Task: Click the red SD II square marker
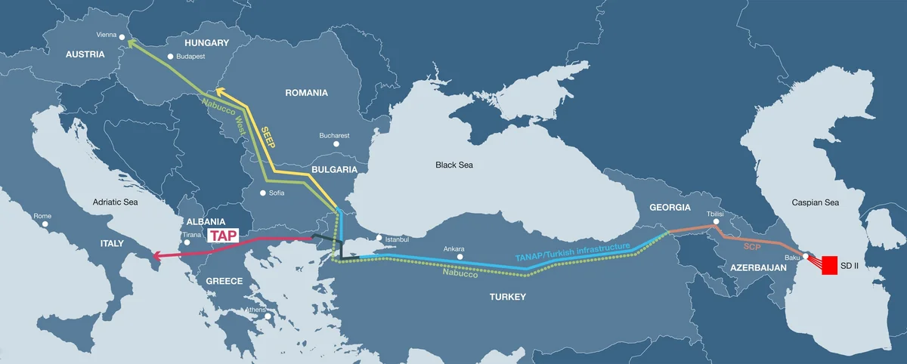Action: point(828,265)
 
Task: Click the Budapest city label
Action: point(193,57)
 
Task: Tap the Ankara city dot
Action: point(460,258)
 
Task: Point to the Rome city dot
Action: point(45,224)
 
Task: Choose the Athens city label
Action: point(255,310)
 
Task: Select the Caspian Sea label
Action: point(815,203)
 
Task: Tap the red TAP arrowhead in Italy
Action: point(154,257)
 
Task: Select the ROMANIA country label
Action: point(306,93)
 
